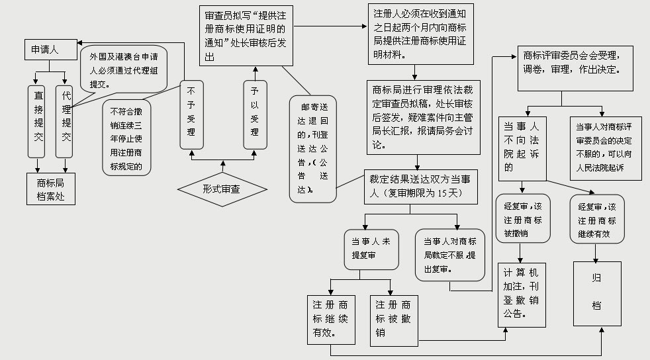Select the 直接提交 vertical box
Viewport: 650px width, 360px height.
(x=39, y=121)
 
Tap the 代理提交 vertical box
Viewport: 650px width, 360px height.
(x=65, y=121)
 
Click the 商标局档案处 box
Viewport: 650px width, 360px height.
(x=51, y=188)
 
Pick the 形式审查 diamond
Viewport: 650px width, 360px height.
(x=222, y=189)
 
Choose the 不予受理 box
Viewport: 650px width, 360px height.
(x=191, y=115)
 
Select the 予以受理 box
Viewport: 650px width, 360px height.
(x=254, y=115)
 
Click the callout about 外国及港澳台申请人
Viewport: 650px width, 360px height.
(x=123, y=67)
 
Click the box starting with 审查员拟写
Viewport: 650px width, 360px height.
(x=246, y=36)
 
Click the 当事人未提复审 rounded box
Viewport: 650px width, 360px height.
(x=371, y=249)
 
